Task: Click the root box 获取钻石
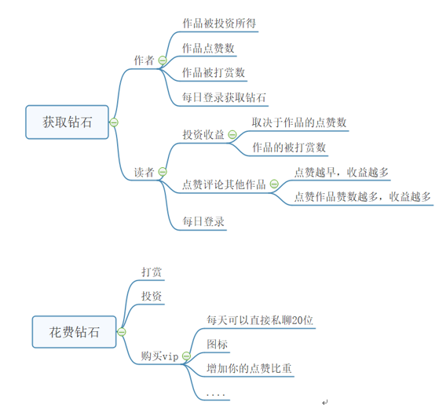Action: (67, 122)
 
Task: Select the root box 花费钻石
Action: (74, 332)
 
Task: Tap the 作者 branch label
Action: (145, 60)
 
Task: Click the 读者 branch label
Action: (145, 172)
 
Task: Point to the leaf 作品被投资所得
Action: (219, 24)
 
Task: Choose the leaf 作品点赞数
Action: (208, 48)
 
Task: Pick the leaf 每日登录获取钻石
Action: (224, 97)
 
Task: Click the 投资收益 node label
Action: (203, 135)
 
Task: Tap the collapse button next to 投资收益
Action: (232, 135)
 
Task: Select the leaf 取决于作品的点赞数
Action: (299, 122)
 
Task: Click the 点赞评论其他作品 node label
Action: (224, 184)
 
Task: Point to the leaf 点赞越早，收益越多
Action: (342, 172)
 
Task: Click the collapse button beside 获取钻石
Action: (114, 122)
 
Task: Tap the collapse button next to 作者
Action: (163, 60)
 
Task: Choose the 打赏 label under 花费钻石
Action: (152, 272)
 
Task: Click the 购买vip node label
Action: (159, 356)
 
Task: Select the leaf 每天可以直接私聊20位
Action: (260, 320)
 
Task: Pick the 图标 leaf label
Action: (218, 344)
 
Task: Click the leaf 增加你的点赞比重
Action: (249, 368)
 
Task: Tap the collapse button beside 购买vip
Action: (186, 356)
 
